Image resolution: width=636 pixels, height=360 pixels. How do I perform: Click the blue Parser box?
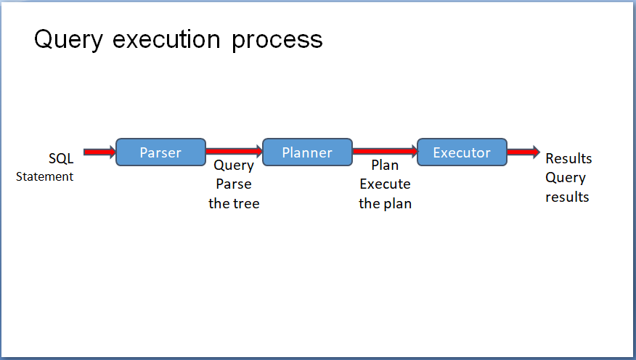pos(160,152)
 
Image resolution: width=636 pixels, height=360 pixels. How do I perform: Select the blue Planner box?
pos(307,152)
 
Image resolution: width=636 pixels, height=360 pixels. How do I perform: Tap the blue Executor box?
pos(462,152)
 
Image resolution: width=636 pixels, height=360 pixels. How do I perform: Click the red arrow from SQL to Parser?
pos(99,152)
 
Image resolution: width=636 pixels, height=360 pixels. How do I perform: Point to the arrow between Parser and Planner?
pos(234,151)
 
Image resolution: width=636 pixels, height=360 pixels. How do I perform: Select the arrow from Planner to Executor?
pos(385,151)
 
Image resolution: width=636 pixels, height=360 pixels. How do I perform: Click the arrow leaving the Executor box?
pos(523,152)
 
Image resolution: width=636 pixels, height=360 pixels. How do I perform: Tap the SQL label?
pos(61,158)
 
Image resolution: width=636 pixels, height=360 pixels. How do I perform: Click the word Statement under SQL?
pos(44,176)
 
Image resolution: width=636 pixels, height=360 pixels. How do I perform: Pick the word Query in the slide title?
pos(68,40)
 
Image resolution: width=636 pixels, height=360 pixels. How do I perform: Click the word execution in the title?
pos(166,39)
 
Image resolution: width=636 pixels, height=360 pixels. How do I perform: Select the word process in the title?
pos(277,41)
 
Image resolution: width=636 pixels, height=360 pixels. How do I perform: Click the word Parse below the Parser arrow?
pos(234,184)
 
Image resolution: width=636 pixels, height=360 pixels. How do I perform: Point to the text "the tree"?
pos(234,203)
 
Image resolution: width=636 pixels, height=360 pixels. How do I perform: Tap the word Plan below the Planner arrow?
pos(385,165)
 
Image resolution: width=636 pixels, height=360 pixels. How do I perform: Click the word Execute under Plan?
pos(385,184)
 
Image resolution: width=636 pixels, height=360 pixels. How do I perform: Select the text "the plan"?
pos(385,203)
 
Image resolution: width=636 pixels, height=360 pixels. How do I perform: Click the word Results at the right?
pos(568,158)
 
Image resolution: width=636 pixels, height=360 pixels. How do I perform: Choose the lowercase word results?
pos(567,197)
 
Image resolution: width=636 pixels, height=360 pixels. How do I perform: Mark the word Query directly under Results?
pos(566,178)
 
